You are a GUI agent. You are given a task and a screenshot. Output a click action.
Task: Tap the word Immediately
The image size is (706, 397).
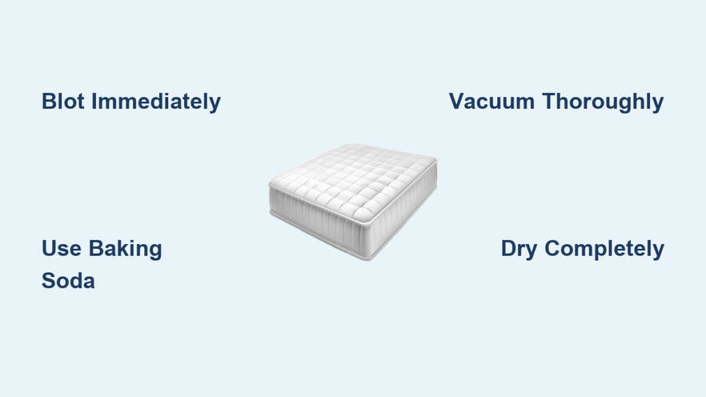coord(157,101)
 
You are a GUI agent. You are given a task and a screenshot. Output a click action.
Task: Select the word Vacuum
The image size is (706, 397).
coord(492,101)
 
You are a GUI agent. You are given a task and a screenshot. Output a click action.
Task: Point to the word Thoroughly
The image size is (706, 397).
coord(603,102)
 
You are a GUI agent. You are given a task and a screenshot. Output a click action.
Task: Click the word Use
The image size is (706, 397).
coord(61,248)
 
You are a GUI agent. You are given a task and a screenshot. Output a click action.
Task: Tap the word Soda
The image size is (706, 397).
coord(68,281)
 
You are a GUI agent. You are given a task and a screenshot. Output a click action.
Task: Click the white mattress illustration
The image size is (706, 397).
coord(353,202)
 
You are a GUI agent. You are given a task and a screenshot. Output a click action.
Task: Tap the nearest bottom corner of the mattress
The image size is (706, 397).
coord(369,258)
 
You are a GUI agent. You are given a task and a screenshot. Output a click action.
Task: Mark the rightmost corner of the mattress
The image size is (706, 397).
coord(436,160)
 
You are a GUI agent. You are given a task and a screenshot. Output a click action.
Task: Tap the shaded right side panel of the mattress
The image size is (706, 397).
coord(403,212)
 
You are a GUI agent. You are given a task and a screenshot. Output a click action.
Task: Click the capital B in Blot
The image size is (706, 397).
coord(49,101)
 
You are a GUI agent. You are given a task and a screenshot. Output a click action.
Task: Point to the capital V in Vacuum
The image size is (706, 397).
coord(457,101)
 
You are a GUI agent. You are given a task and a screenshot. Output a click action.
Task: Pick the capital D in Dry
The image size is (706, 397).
coord(508,248)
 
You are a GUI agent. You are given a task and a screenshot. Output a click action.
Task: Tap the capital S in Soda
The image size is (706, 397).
coord(49,281)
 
